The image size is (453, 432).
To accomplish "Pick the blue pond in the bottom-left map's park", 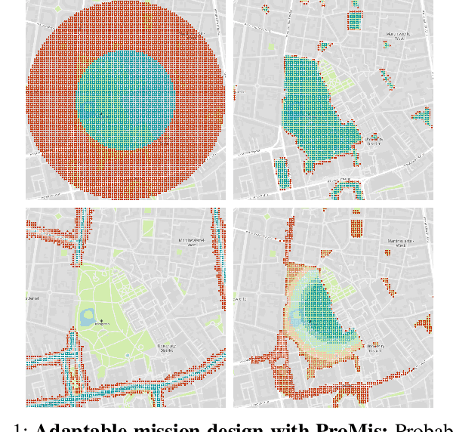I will [x=86, y=315].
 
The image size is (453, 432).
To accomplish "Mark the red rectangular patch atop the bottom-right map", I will [x=358, y=230].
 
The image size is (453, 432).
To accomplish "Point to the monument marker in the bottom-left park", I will [x=101, y=321].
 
